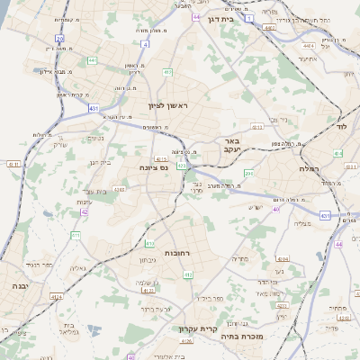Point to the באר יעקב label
tap(231, 145)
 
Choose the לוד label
tap(340, 116)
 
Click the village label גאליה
tap(78, 267)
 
